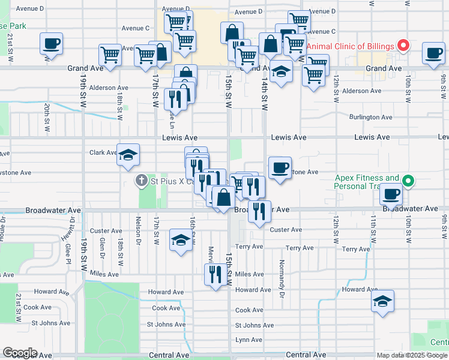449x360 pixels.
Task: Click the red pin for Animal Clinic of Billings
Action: (404, 46)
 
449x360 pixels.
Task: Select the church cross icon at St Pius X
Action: (141, 180)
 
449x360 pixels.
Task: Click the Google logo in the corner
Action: (20, 353)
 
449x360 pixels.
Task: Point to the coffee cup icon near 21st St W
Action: (52, 44)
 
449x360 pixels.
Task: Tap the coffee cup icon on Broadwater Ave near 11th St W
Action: (391, 194)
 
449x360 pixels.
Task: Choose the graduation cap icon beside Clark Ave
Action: (128, 155)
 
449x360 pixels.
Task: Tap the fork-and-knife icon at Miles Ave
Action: (215, 274)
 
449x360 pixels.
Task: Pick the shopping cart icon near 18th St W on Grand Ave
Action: (110, 55)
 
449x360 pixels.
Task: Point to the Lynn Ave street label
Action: (249, 340)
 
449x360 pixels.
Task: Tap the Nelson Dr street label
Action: (138, 230)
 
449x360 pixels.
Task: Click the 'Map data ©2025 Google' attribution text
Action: (412, 355)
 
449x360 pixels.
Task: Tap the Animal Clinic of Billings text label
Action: (351, 46)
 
